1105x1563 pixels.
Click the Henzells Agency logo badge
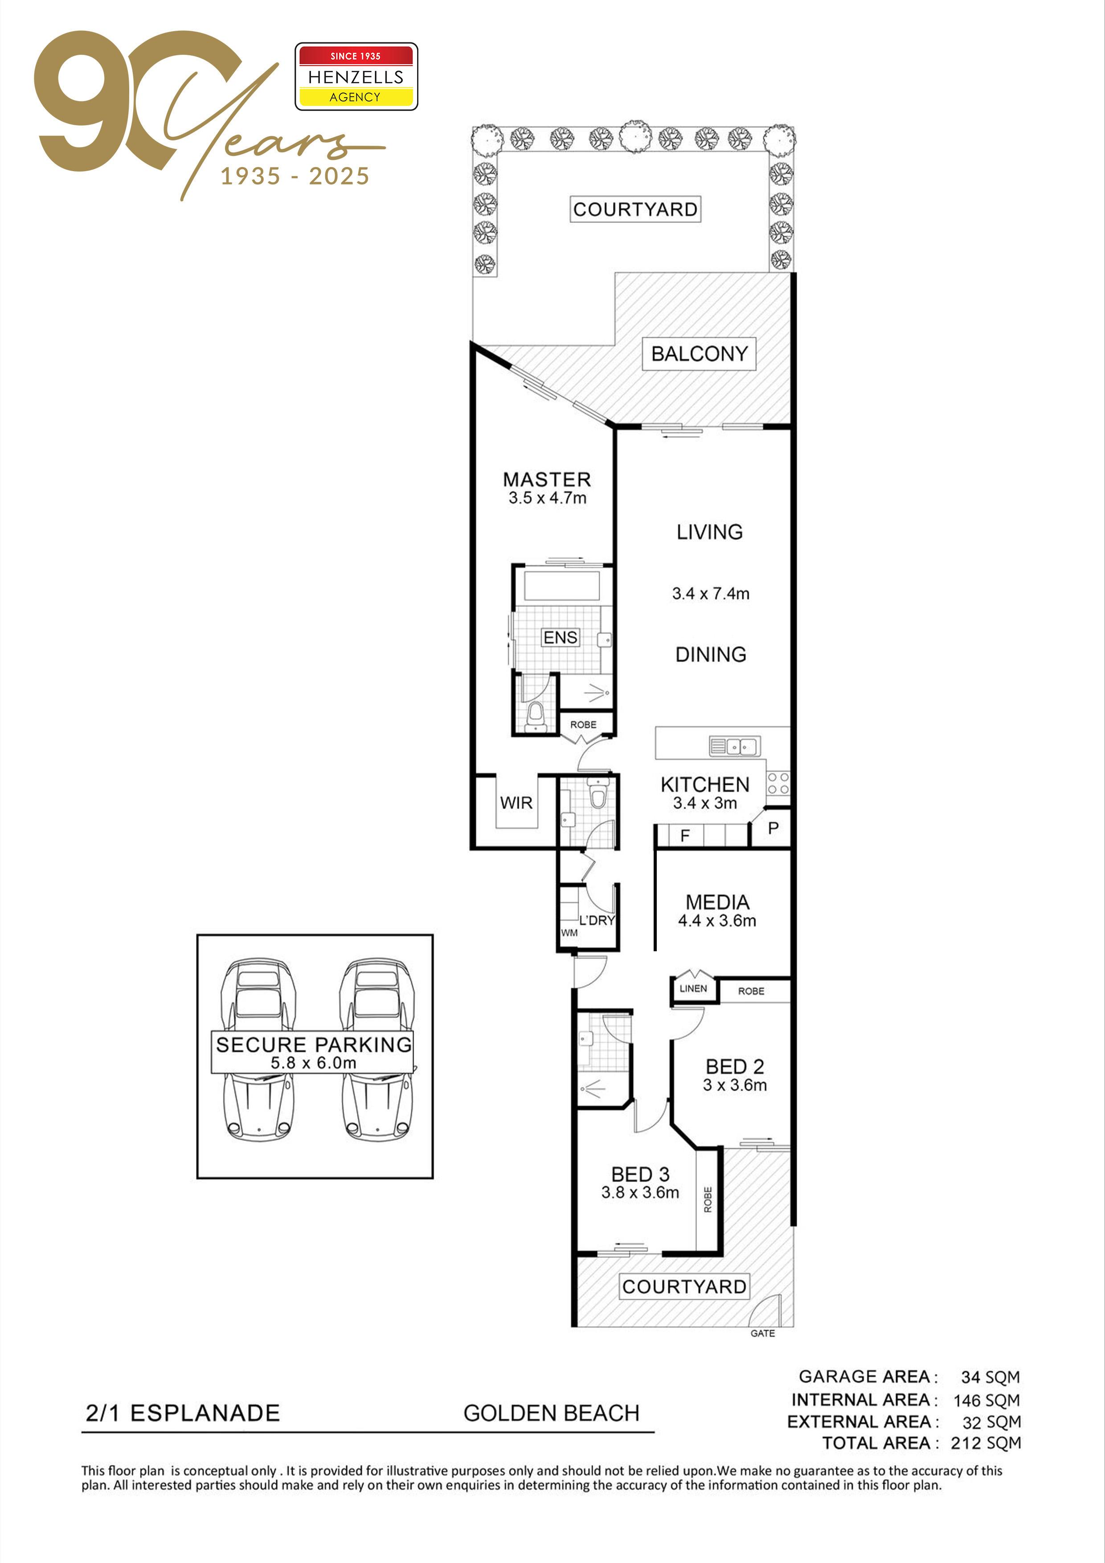(x=356, y=76)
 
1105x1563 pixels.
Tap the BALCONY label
(x=699, y=354)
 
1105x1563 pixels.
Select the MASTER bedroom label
(x=547, y=479)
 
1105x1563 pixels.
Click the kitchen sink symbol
(x=735, y=746)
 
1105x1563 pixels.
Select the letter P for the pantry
(x=773, y=828)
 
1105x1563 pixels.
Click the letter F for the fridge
(x=685, y=835)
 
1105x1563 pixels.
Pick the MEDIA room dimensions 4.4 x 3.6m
(x=717, y=921)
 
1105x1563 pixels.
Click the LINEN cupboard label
(x=693, y=988)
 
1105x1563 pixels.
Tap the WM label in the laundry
(x=569, y=933)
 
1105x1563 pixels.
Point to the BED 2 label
(x=735, y=1066)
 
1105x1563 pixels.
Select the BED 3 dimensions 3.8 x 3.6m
(x=640, y=1193)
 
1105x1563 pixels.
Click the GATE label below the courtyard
(x=762, y=1334)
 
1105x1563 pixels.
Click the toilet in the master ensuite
(x=536, y=717)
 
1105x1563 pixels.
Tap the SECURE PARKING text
(x=314, y=1044)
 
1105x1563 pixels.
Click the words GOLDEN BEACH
(x=552, y=1413)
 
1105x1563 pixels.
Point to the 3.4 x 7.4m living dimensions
(x=711, y=593)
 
